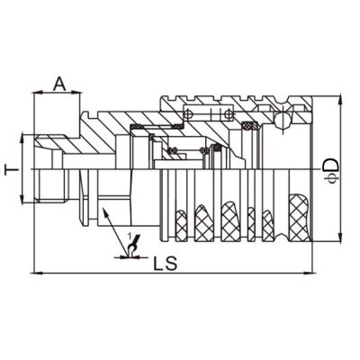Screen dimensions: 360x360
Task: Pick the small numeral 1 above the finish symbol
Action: (131, 237)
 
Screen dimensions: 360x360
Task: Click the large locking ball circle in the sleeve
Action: (283, 117)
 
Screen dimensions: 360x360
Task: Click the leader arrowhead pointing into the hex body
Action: (104, 213)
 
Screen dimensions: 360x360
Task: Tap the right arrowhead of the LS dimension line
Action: (305, 270)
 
